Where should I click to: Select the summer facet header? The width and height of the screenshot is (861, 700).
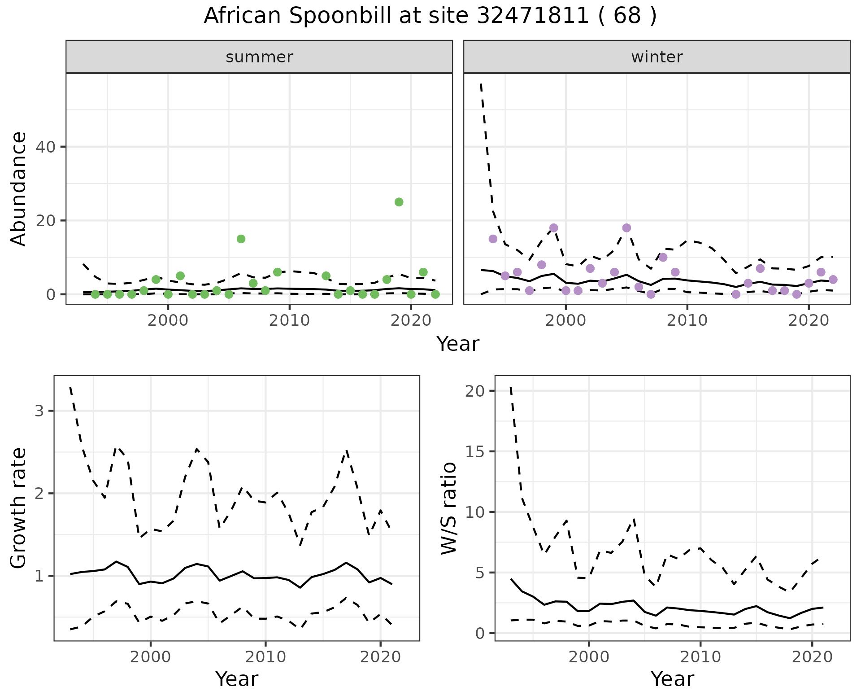(259, 57)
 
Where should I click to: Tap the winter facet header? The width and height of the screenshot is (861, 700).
(657, 57)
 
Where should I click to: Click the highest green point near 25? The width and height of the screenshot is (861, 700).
(399, 202)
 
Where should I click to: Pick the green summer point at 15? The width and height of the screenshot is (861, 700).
(241, 239)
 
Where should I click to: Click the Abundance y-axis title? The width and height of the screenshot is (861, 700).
(19, 188)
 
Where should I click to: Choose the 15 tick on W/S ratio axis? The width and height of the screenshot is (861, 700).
(475, 451)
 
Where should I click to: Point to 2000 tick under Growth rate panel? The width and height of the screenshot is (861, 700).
(151, 657)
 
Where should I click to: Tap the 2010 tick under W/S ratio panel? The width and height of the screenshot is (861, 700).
(700, 657)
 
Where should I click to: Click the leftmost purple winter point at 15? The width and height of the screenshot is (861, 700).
(493, 239)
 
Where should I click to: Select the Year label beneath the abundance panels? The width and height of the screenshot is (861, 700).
(458, 344)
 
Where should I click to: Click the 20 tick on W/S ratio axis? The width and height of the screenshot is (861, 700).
(475, 391)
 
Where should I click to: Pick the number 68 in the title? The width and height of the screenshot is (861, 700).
(627, 16)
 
